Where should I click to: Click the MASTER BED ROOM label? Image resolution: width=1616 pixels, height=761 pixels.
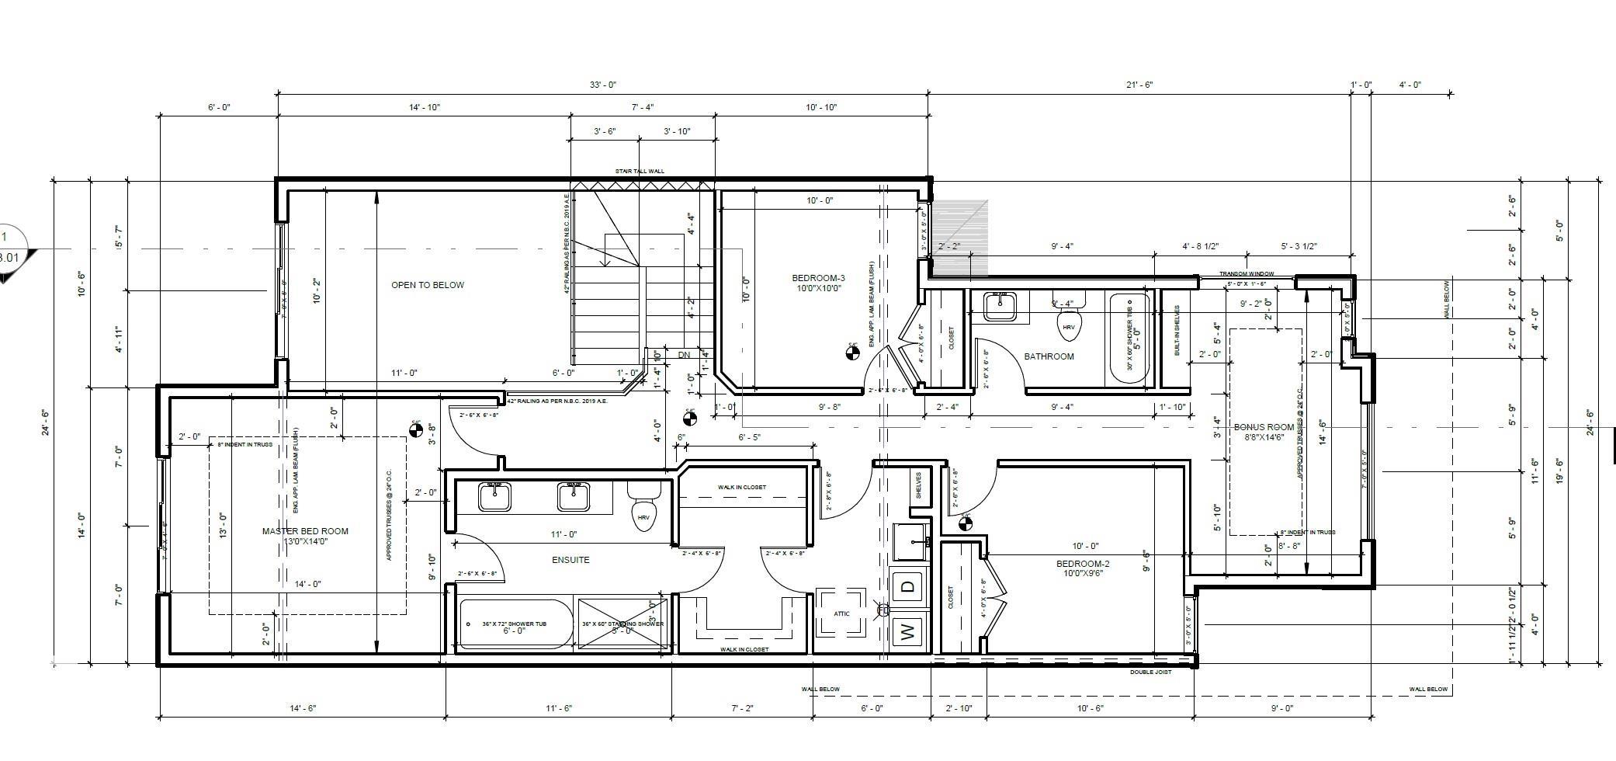click(305, 531)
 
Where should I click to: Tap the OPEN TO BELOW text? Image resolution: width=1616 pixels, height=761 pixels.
click(428, 285)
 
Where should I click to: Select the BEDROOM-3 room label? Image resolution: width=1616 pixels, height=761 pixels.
click(818, 278)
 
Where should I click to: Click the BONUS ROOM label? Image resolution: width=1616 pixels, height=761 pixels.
click(1264, 427)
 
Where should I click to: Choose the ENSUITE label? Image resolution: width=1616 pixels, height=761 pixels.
click(570, 560)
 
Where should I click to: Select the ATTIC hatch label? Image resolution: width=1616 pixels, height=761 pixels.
click(841, 613)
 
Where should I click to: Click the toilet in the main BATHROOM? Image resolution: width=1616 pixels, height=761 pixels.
click(1069, 325)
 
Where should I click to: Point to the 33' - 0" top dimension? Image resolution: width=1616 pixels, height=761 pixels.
click(602, 85)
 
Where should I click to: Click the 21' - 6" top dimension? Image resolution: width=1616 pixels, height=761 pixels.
click(1139, 85)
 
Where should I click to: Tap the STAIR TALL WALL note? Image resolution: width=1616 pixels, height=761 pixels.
click(640, 172)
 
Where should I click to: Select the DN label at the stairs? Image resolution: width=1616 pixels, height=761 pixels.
click(684, 355)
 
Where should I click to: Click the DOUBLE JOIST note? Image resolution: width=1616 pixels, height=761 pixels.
click(1150, 672)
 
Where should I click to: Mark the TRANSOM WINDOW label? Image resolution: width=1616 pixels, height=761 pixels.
click(1246, 274)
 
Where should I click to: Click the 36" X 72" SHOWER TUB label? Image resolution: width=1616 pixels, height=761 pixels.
click(514, 624)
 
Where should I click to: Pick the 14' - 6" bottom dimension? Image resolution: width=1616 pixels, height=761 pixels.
click(303, 708)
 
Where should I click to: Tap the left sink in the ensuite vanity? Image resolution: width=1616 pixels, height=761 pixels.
click(494, 496)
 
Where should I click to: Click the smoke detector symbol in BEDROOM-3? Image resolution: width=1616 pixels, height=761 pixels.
click(852, 354)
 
